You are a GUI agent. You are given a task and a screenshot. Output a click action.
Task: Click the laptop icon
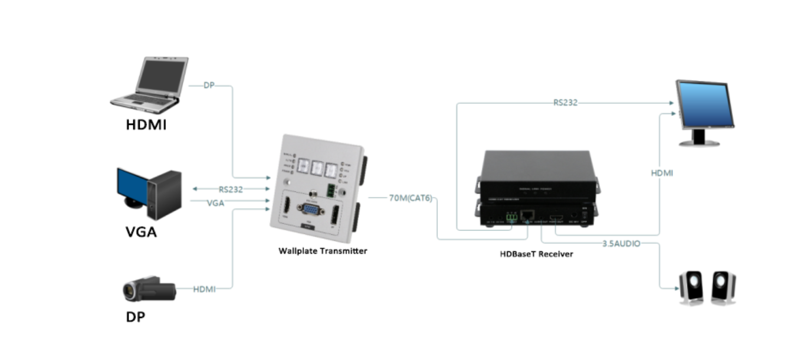pos(150,84)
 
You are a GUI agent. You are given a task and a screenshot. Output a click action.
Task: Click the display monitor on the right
pos(704,112)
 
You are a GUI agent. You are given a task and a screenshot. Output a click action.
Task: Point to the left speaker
pos(691,288)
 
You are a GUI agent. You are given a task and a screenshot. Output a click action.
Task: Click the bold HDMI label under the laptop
pos(146,125)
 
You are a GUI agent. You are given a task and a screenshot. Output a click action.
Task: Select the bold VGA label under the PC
pos(142,232)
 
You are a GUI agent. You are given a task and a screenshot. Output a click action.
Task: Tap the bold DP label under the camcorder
pos(136,317)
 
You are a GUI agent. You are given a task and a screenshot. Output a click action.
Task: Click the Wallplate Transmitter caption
pos(323,251)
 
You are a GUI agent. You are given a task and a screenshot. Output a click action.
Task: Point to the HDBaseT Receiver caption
pos(536,254)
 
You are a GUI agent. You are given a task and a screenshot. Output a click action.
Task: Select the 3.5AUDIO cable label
pos(621,243)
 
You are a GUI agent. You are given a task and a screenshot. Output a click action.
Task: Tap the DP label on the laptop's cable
pos(209,86)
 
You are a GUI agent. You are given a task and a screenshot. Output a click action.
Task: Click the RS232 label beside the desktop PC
pos(231,189)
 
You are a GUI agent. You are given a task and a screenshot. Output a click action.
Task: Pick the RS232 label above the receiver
pos(565,103)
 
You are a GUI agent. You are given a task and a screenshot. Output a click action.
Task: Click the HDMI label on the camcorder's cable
pos(205,289)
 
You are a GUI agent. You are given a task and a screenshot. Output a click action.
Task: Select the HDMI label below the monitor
pos(662,173)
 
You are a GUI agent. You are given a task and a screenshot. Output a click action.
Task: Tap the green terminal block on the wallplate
pos(330,190)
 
